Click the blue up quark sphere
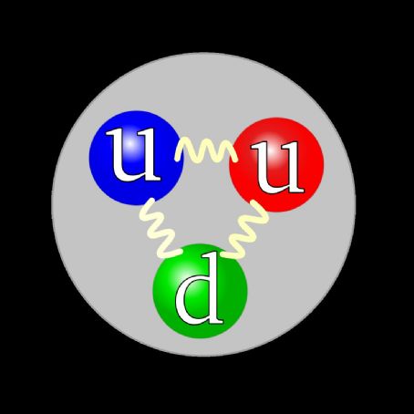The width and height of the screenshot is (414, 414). point(136,158)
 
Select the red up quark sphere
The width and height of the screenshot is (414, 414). point(276,164)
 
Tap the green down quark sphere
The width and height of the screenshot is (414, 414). point(200,291)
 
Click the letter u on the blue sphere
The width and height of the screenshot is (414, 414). point(133,154)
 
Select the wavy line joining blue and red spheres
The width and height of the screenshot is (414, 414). point(206,150)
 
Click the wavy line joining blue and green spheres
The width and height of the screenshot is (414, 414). point(160,226)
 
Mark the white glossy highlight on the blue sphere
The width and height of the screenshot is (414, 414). point(131,145)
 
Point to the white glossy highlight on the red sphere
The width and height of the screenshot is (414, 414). point(274,153)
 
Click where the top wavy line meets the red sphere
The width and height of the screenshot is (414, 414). point(233,156)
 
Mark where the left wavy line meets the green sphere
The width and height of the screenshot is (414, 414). point(179,252)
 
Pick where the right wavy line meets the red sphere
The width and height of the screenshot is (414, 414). point(255,203)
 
